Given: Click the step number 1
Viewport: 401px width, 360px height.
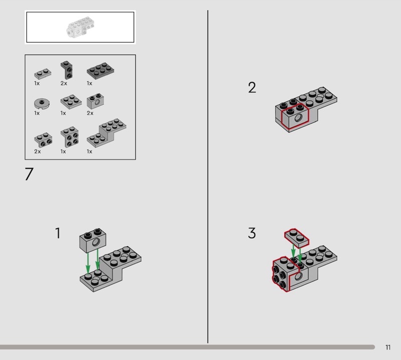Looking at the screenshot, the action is click(58, 233).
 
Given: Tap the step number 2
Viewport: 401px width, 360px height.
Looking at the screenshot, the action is click(252, 88).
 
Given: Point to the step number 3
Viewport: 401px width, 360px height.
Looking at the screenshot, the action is click(252, 233).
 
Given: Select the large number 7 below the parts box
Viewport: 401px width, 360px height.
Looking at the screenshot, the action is click(29, 174).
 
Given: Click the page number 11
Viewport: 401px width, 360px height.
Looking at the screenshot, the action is click(388, 347).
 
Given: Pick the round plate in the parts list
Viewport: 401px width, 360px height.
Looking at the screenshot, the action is click(42, 103).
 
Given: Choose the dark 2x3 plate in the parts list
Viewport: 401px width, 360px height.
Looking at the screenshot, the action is click(100, 71).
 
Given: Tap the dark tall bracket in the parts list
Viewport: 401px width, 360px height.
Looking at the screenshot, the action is click(67, 70).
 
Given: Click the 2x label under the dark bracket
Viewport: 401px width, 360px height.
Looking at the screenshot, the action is click(64, 83).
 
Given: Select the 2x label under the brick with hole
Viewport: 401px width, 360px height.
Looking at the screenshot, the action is click(90, 113).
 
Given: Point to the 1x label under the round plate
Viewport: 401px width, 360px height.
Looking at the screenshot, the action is click(37, 113).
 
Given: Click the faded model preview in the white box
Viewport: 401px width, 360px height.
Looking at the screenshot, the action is click(80, 28).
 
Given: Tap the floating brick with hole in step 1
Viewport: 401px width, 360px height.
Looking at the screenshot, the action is click(93, 240).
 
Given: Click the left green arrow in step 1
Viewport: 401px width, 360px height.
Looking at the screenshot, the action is click(88, 263).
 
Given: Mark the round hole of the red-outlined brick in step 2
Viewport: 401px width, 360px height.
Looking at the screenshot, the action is click(298, 118).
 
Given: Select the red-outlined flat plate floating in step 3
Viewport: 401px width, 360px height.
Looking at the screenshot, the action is click(297, 238).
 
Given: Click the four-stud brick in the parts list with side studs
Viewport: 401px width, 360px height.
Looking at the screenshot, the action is click(70, 137).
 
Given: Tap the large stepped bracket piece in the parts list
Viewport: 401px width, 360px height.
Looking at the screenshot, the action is click(106, 133).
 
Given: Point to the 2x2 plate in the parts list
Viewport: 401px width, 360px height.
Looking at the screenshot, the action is click(71, 102).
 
